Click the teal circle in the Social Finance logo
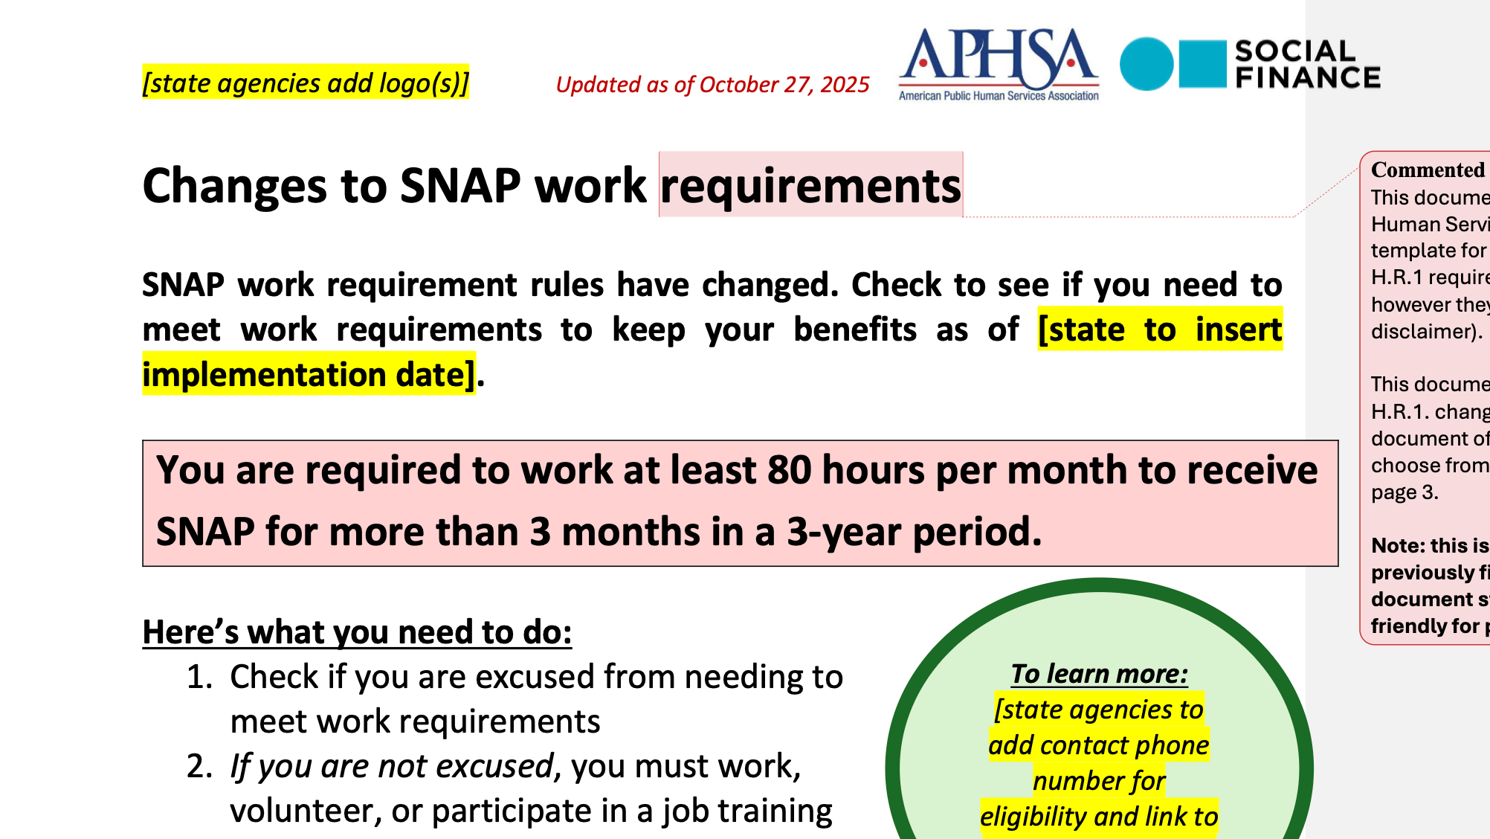coord(1146,64)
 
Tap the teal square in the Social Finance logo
coord(1202,64)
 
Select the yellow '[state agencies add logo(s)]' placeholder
coord(306,83)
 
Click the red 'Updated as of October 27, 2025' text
coord(712,85)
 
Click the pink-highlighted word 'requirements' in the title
coord(810,185)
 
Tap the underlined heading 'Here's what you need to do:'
coord(357,632)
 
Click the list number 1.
coord(199,677)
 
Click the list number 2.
coord(199,766)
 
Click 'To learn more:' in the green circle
coord(1099,674)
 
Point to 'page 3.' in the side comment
coord(1404,492)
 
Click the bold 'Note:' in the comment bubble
coord(1396,546)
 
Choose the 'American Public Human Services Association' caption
coord(999,96)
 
